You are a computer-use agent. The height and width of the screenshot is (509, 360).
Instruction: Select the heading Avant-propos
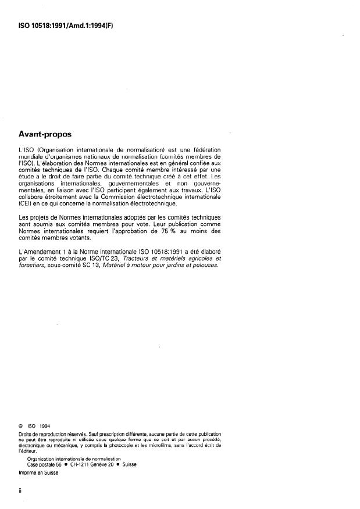[49, 134]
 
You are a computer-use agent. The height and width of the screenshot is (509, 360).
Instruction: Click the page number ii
[20, 490]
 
